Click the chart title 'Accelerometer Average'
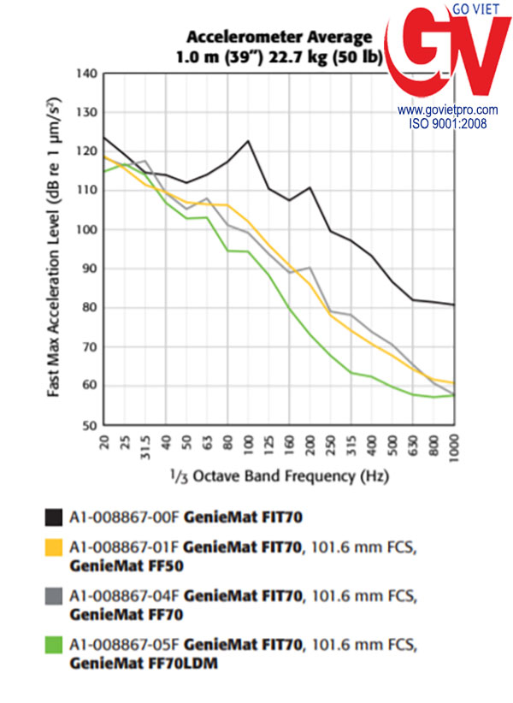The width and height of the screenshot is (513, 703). (280, 37)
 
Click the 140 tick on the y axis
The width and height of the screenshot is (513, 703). (86, 74)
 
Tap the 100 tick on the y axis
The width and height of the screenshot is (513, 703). (86, 230)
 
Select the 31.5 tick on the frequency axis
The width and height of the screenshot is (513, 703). (145, 446)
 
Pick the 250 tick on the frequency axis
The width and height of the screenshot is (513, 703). (329, 445)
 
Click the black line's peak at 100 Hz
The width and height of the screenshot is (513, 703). (248, 141)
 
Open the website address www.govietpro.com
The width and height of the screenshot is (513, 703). (447, 110)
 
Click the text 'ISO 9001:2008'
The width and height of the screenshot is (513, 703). (447, 123)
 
